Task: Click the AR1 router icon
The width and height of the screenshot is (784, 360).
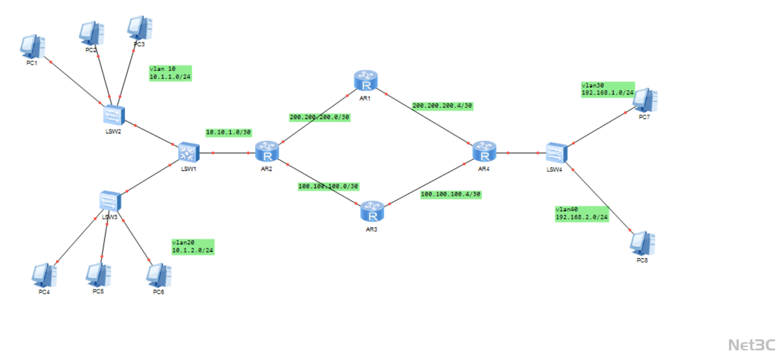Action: click(366, 81)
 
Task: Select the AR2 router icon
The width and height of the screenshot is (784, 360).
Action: click(267, 152)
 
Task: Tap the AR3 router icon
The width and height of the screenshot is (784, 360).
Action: click(372, 212)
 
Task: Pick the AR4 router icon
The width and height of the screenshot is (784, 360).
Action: click(484, 152)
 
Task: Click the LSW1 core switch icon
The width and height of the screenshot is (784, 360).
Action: click(188, 153)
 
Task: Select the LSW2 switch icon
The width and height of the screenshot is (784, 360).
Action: click(114, 115)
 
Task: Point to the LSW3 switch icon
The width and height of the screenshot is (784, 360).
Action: click(110, 201)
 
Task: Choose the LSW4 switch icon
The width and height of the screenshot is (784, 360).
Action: click(556, 153)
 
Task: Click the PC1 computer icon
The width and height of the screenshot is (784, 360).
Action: click(32, 47)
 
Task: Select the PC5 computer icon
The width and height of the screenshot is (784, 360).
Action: click(98, 275)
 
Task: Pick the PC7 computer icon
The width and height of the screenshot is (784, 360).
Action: click(644, 100)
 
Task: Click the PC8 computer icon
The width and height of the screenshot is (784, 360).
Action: click(642, 243)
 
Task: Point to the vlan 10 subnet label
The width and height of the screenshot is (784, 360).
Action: click(170, 73)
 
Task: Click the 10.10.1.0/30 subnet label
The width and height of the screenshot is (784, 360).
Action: click(228, 132)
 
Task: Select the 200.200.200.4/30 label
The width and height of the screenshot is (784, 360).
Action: click(442, 106)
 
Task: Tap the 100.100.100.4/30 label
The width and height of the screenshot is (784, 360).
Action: click(451, 194)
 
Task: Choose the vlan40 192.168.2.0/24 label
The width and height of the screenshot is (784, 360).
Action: click(582, 214)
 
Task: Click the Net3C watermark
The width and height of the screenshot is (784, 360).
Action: click(751, 345)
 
